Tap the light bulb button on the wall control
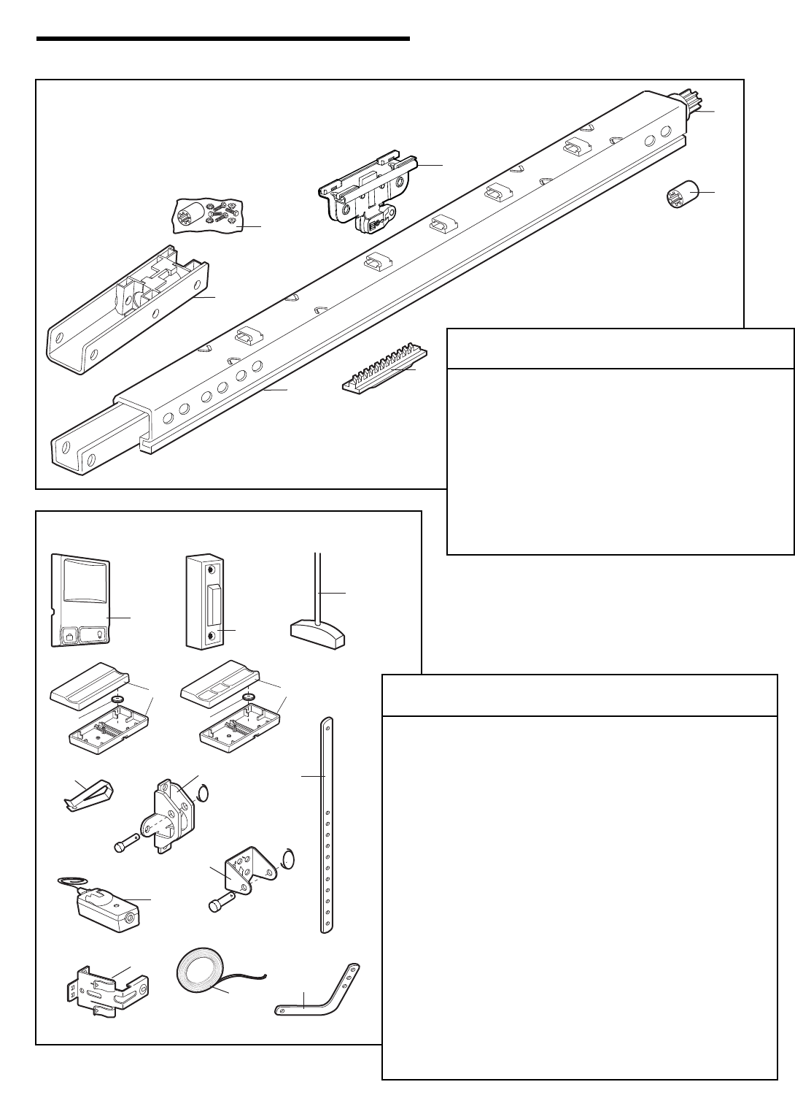(97, 633)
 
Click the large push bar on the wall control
(81, 586)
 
